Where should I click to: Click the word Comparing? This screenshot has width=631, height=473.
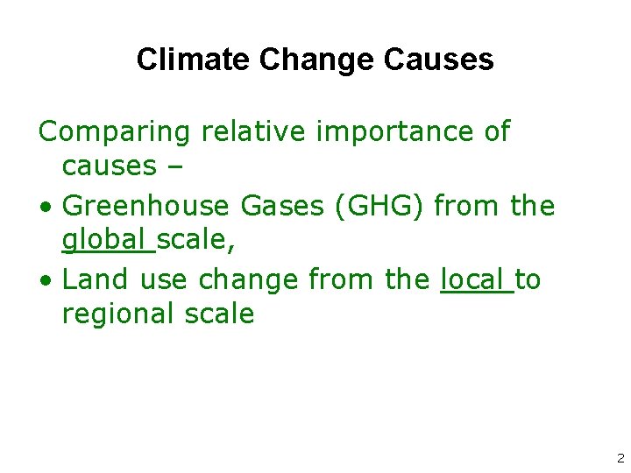(x=114, y=132)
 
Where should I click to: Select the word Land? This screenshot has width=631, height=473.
(x=93, y=279)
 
